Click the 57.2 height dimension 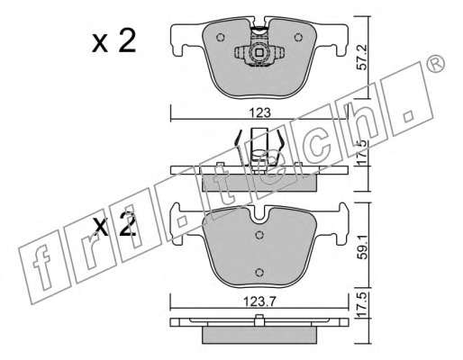tap(363, 58)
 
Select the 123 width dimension tap(260, 113)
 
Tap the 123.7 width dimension tap(259, 301)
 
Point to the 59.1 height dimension tap(363, 247)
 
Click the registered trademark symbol tap(435, 64)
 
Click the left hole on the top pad tap(221, 37)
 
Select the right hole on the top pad tap(298, 37)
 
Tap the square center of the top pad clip tap(259, 53)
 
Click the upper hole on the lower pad tap(259, 235)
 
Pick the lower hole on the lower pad tap(259, 273)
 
